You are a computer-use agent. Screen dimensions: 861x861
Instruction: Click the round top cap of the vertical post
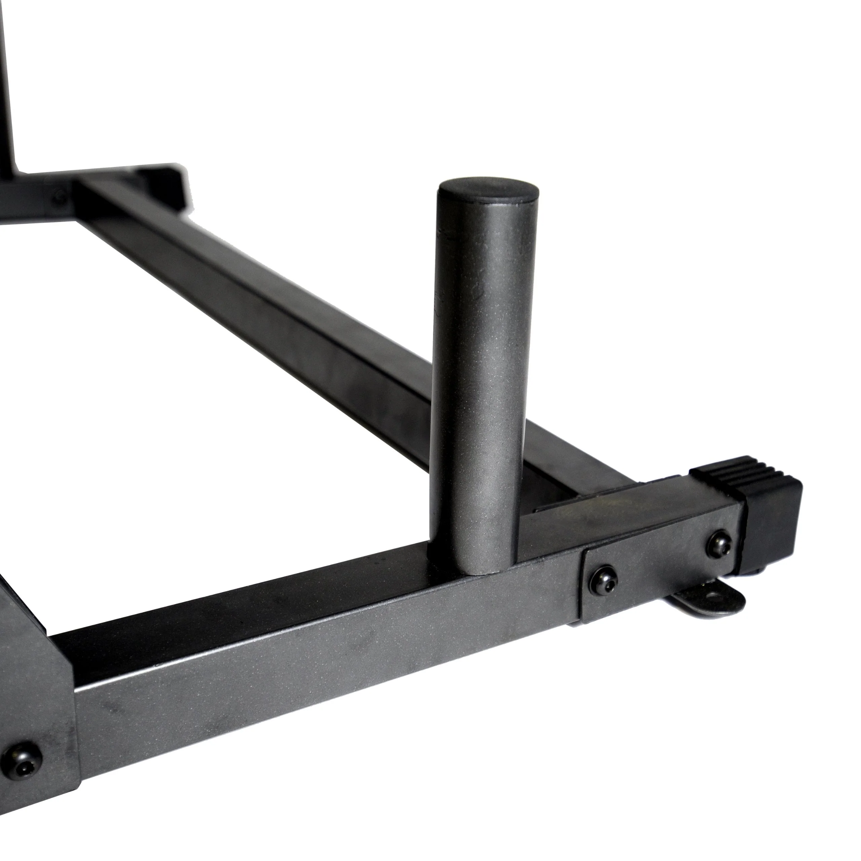pos(488,192)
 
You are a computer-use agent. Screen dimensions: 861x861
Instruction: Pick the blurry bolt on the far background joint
pos(60,195)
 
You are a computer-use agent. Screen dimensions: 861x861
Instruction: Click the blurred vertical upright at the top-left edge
pos(9,89)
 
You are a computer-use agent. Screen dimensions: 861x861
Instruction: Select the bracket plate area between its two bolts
pos(660,562)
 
